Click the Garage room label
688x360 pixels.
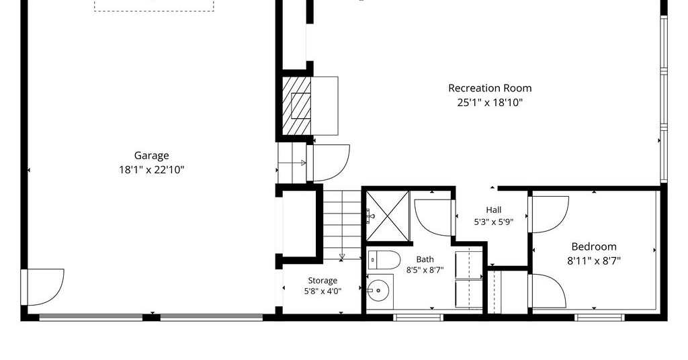[151, 156]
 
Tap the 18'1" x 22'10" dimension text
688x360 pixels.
[151, 170]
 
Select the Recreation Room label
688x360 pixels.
[490, 88]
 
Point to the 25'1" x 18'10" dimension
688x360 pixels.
[490, 103]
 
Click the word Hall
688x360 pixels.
[494, 210]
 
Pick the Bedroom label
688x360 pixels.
[594, 246]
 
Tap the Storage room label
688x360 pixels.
[322, 280]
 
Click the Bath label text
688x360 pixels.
[425, 259]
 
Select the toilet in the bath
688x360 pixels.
[384, 260]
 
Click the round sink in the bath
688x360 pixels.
[377, 290]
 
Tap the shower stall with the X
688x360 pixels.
[388, 216]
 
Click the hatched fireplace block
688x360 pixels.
[296, 106]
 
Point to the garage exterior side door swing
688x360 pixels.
[43, 287]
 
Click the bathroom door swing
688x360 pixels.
[433, 218]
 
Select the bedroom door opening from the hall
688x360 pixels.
[548, 214]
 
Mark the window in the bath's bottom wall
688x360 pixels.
[418, 317]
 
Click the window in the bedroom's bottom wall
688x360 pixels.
[599, 317]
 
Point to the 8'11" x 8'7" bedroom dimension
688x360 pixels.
[594, 261]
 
